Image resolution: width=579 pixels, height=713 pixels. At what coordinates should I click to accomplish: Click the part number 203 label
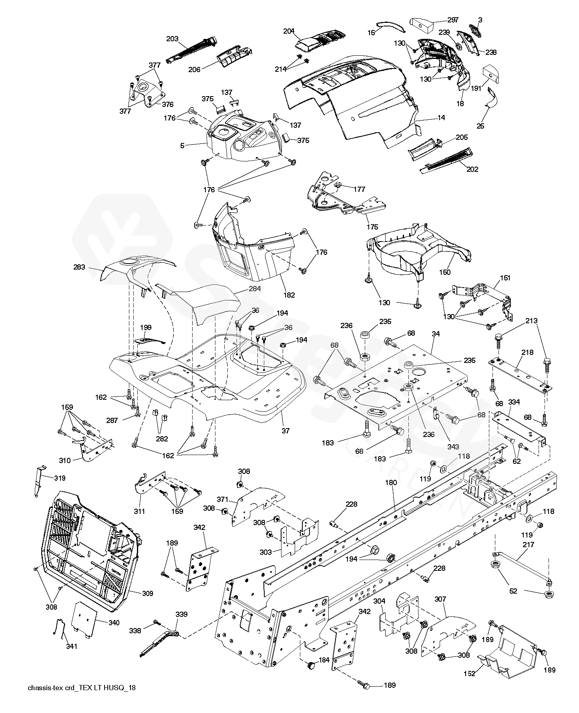(x=172, y=39)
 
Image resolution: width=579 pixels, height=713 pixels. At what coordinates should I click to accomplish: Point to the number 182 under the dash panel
(x=289, y=295)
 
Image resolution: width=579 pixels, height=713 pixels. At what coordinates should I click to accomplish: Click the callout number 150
(x=444, y=272)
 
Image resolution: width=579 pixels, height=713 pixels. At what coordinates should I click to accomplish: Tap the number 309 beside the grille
(x=148, y=593)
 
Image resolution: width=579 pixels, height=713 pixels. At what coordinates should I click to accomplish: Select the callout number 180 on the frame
(x=391, y=483)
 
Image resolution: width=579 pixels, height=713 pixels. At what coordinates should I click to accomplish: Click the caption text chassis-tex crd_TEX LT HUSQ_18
(x=82, y=687)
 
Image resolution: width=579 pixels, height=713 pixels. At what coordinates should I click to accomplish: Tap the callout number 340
(x=103, y=622)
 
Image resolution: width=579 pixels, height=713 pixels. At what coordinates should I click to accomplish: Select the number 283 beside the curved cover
(x=79, y=267)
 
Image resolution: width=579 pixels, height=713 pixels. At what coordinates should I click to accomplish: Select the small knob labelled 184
(x=310, y=666)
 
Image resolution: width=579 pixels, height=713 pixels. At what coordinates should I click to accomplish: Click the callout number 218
(x=527, y=352)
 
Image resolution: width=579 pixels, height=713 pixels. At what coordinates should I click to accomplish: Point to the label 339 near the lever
(x=181, y=614)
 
